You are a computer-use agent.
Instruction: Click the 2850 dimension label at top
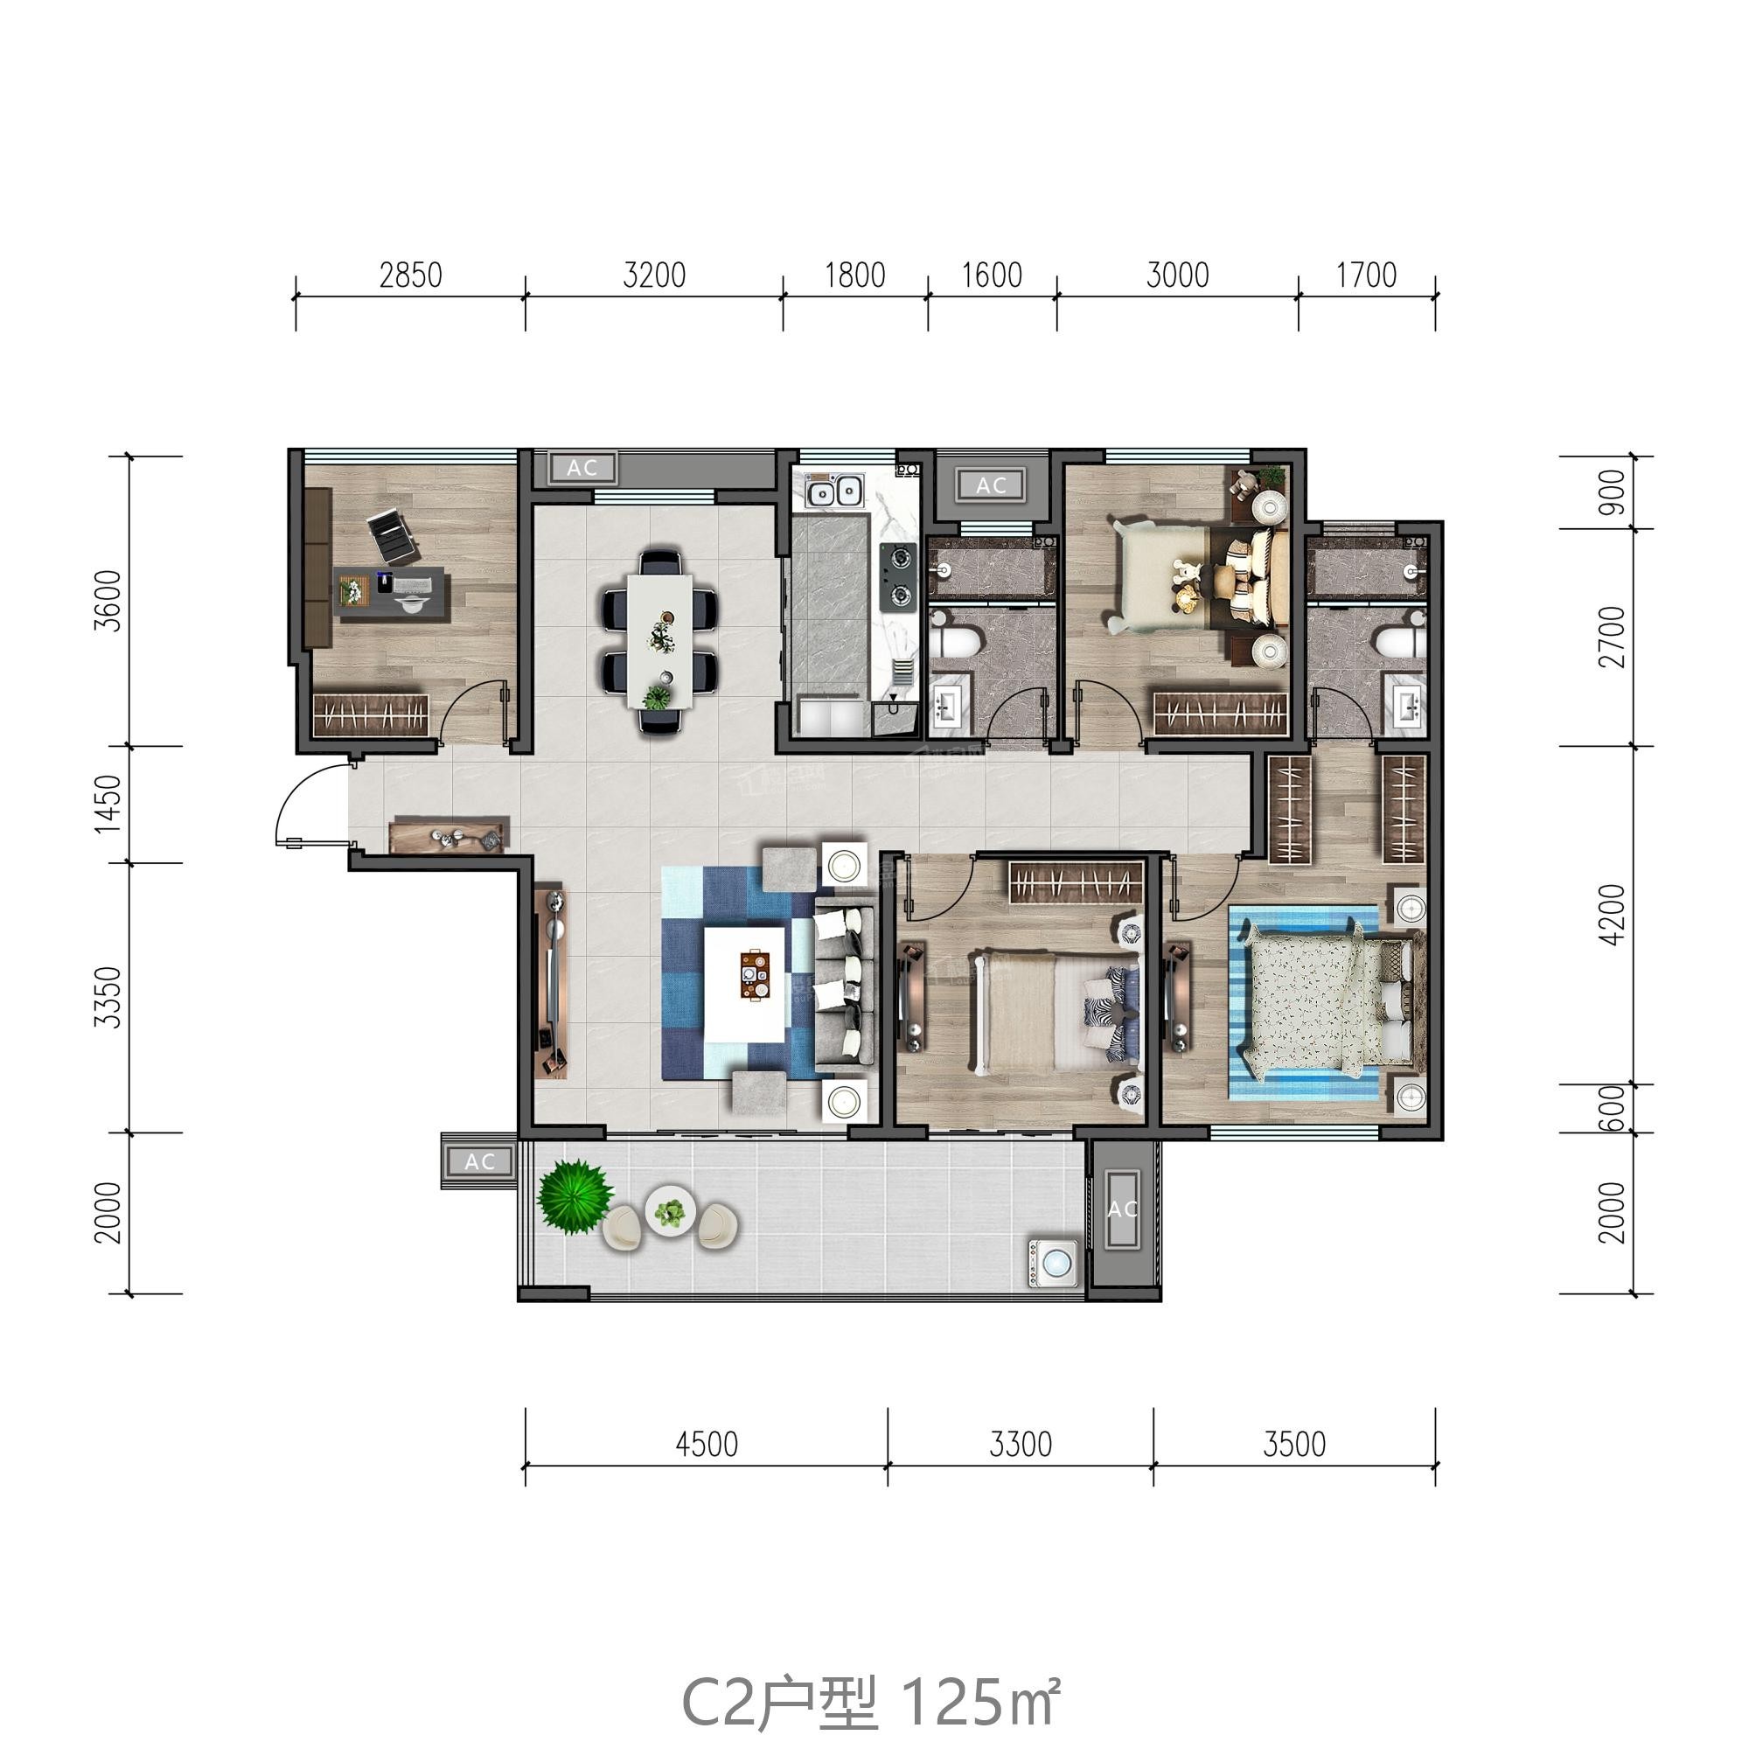[410, 275]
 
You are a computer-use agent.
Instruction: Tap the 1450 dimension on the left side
[108, 804]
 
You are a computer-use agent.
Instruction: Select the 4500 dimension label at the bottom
[706, 1444]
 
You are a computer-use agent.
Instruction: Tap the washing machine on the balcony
[1054, 1261]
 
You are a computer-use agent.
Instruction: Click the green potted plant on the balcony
[574, 1195]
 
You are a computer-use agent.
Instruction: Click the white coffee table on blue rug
[745, 985]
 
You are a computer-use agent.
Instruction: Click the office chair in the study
[394, 537]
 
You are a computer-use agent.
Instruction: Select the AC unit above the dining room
[582, 468]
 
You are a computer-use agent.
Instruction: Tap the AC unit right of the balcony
[1122, 1209]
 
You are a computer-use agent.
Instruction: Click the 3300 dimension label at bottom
[1021, 1444]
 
